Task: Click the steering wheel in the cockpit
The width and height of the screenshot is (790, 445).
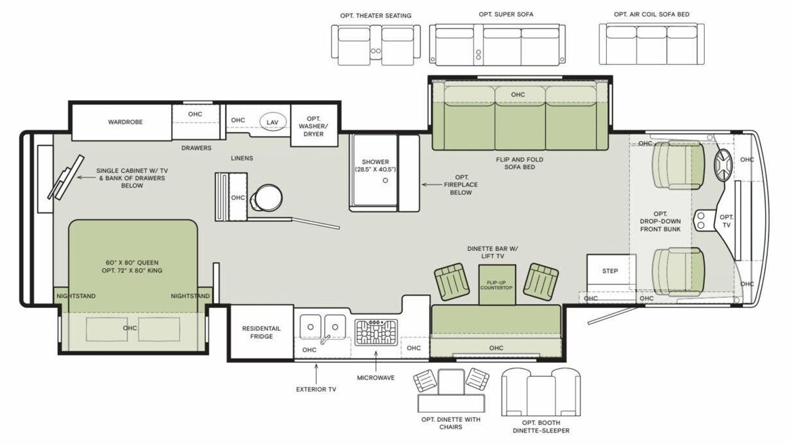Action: click(x=723, y=165)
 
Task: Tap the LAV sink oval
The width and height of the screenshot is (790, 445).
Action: click(x=273, y=122)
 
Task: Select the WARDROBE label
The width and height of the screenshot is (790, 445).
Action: click(x=125, y=122)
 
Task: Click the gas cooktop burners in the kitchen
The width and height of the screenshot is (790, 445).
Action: click(x=376, y=332)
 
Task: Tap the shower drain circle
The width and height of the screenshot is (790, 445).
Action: click(x=385, y=180)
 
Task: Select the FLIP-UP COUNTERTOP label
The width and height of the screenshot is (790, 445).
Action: click(x=496, y=285)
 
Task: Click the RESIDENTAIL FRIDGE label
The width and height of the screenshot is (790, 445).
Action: click(x=261, y=332)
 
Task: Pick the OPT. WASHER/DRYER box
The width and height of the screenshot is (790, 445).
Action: click(x=314, y=126)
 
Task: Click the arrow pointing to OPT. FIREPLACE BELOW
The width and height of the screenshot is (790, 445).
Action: click(x=432, y=184)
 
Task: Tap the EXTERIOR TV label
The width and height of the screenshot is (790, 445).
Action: click(x=316, y=389)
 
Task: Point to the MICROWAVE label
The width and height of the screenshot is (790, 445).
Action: click(x=376, y=378)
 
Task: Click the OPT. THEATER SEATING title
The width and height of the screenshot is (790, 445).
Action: click(x=376, y=15)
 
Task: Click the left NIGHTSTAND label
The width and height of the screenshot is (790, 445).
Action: click(x=76, y=296)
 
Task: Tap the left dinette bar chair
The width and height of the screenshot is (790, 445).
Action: click(x=452, y=282)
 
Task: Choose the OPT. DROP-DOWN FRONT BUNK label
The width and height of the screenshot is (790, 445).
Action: click(x=660, y=222)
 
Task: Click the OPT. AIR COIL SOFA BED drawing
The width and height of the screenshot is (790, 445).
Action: click(x=651, y=44)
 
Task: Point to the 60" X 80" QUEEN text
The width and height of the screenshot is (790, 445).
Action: click(x=132, y=263)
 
